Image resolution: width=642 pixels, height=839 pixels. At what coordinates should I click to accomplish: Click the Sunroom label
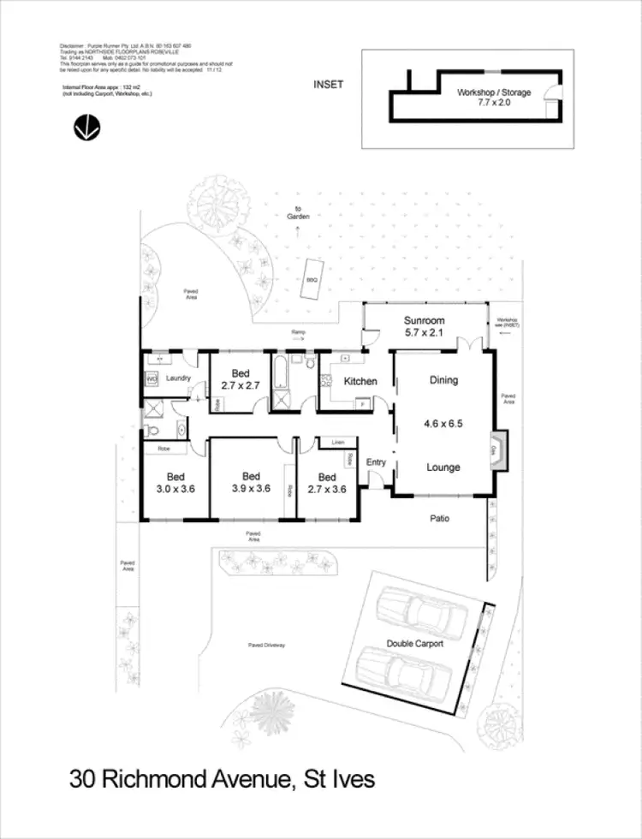point(425,320)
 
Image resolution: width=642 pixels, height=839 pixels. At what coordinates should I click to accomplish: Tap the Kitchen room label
point(360,381)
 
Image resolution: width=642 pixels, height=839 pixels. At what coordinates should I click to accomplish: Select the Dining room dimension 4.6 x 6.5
point(443,423)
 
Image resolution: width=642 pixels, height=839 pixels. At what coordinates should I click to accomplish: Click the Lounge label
point(443,467)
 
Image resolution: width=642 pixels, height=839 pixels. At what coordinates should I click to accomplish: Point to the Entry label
point(377,462)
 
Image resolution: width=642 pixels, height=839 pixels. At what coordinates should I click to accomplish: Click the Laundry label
point(177,378)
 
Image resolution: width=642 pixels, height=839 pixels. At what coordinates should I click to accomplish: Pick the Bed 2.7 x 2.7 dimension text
point(239,386)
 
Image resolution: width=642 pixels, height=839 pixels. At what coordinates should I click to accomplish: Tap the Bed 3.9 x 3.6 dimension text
point(251,489)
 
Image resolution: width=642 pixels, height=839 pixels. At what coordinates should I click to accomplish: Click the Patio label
point(441,519)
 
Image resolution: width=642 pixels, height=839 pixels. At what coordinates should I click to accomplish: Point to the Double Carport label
point(415,644)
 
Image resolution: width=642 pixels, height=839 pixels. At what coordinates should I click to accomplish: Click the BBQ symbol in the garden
point(312,278)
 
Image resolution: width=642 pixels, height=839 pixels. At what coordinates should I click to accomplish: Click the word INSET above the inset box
point(329,84)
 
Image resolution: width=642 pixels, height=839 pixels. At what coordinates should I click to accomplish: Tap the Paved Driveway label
point(266,646)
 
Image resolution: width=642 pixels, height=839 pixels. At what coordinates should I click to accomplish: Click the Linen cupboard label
point(337,442)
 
